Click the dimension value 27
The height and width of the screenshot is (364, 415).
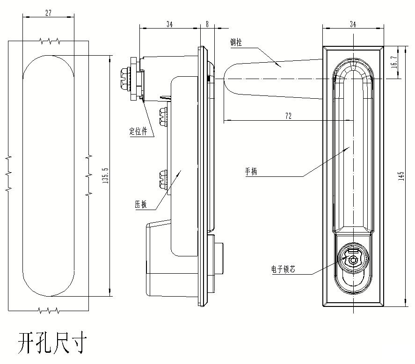point(48,14)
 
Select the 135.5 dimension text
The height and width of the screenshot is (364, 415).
point(105,175)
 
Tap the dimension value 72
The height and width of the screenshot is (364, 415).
point(288,116)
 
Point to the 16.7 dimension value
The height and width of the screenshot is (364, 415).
point(394,62)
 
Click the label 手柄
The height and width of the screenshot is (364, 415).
point(251,172)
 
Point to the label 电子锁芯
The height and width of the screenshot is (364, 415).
point(283,269)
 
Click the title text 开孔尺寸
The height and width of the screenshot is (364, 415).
point(52,343)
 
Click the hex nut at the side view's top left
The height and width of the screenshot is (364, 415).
point(125,78)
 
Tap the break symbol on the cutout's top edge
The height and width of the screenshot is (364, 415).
point(49,41)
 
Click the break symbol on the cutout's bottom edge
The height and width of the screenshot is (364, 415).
point(49,310)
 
